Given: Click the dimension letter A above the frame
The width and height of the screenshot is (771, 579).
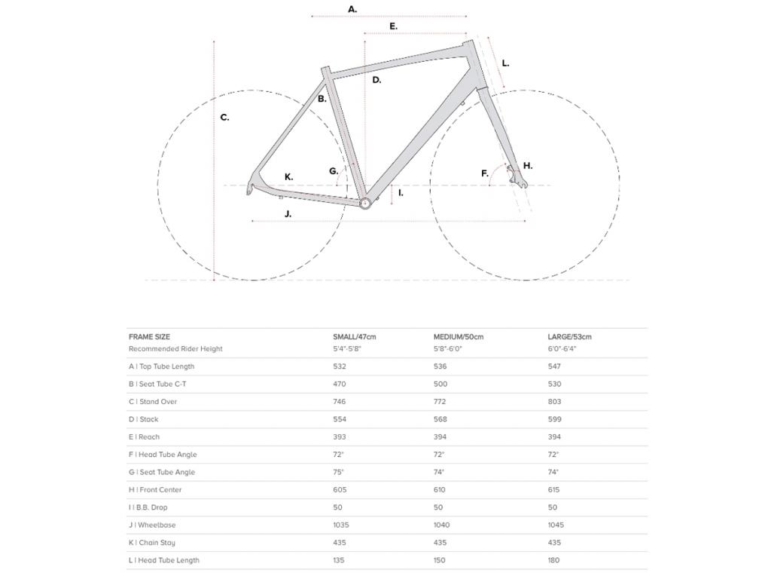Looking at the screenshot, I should coord(352,9).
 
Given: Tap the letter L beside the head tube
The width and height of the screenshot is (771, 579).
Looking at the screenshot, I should coord(505,63).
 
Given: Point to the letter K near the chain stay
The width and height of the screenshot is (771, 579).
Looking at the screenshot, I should coord(288,177).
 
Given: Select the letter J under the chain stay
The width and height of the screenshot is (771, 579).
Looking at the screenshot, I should coord(288,214).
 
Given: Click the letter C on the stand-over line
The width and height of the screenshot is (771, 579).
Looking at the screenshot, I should coord(224,118).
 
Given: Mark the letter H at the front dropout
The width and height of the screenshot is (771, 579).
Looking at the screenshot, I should coord(527,166).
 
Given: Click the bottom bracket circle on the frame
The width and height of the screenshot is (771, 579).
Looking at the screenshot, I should coord(365,203).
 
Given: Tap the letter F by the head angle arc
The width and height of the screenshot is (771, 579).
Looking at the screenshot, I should coord(485,174).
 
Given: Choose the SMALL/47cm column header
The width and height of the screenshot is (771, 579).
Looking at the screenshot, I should coord(354,337).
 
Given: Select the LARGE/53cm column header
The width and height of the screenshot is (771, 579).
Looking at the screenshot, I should coord(569,337).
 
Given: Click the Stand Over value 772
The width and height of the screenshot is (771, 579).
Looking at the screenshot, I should coord(440,402).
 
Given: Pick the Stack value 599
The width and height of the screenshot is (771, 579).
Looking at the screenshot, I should coord(554,419).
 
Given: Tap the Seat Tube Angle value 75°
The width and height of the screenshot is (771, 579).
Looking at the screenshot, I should coord(338,472).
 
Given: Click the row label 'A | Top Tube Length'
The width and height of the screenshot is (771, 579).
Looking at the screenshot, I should coord(161,366).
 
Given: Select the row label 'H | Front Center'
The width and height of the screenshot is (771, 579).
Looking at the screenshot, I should coord(155,490).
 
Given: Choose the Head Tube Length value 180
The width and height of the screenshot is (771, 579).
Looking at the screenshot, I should coord(554,560).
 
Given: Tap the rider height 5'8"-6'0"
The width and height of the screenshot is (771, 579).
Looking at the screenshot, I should coord(447,349).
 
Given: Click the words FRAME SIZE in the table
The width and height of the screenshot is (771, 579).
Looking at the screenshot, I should coord(149,337).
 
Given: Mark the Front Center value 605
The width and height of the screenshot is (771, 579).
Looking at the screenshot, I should coord(340,490).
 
